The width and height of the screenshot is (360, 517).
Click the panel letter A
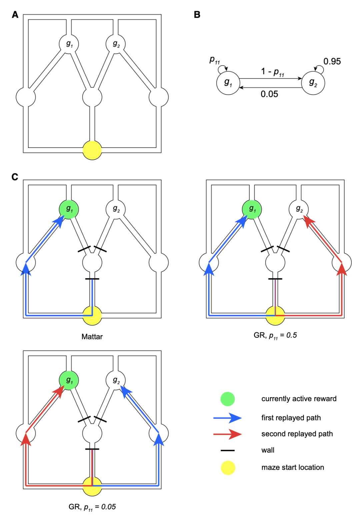[15, 15]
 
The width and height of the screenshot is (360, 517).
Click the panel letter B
[197, 15]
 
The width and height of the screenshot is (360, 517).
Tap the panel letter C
[15, 177]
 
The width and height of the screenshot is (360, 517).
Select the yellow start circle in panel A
[92, 150]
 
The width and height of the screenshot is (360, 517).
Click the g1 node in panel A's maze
[69, 44]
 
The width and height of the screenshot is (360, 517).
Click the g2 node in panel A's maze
[116, 44]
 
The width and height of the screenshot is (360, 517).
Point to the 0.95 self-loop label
[332, 61]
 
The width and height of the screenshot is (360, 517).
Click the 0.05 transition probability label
[269, 94]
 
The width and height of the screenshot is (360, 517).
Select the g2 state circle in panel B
[313, 83]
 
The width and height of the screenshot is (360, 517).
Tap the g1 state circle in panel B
[228, 83]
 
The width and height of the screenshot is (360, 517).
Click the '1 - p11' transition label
[272, 72]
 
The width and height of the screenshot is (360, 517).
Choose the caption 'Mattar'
[92, 337]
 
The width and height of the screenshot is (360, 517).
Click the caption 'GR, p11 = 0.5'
[275, 335]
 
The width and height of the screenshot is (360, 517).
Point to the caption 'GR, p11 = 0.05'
[92, 507]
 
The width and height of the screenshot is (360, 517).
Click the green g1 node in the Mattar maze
[69, 209]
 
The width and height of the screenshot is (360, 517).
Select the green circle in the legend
[228, 399]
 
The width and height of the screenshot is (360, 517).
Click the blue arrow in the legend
[227, 418]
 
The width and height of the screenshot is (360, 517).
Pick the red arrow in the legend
[227, 434]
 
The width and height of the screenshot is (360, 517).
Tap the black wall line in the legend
[228, 450]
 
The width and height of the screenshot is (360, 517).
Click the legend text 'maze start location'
[293, 467]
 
